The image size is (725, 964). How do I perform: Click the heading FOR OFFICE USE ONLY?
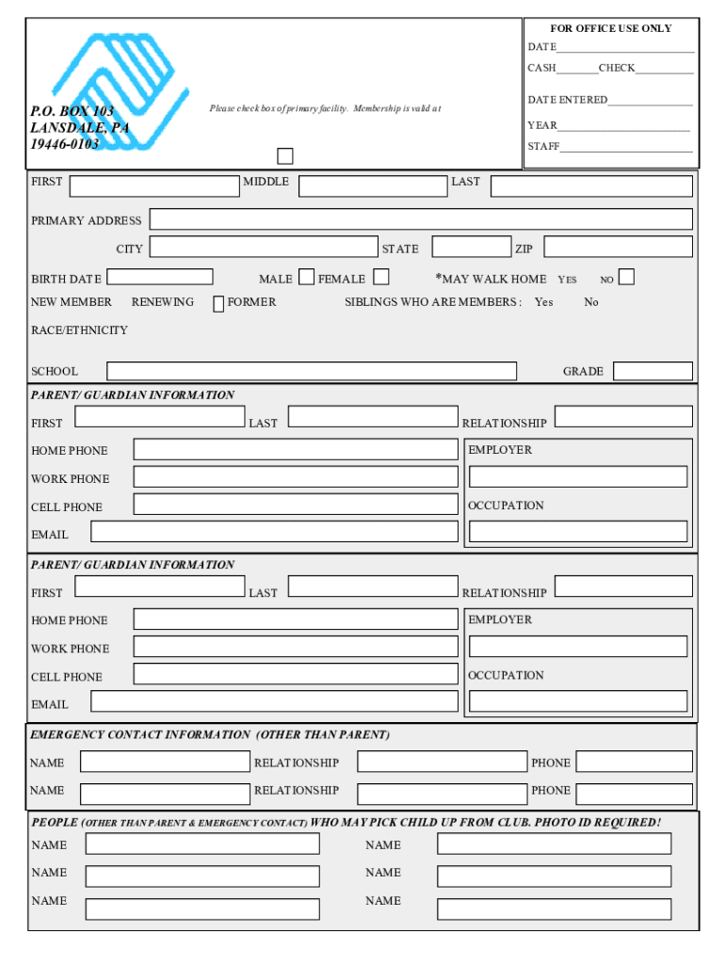(x=611, y=28)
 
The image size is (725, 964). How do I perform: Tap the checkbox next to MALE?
(x=307, y=277)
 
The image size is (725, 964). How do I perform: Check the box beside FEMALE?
(x=381, y=277)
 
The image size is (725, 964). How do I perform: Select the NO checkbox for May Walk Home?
(x=626, y=277)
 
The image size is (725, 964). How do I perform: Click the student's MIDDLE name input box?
(x=373, y=185)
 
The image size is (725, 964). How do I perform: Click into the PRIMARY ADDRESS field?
(x=421, y=219)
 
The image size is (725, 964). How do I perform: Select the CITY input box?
(x=264, y=247)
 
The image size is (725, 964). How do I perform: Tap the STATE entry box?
(x=471, y=247)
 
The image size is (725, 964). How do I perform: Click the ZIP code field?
(x=618, y=247)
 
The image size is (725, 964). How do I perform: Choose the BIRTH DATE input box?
(x=160, y=277)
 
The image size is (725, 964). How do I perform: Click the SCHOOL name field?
(x=312, y=371)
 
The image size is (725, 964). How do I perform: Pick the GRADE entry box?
(x=652, y=371)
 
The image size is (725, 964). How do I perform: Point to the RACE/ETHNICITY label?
(x=79, y=330)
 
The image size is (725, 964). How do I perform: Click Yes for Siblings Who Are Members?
(x=543, y=302)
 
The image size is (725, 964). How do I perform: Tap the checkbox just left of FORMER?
(x=218, y=304)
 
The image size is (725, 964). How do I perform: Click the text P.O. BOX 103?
(x=72, y=111)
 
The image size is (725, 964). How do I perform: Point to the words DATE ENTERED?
(x=568, y=100)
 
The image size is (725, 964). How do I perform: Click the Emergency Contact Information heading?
(x=210, y=734)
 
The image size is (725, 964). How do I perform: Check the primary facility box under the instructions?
(x=284, y=156)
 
